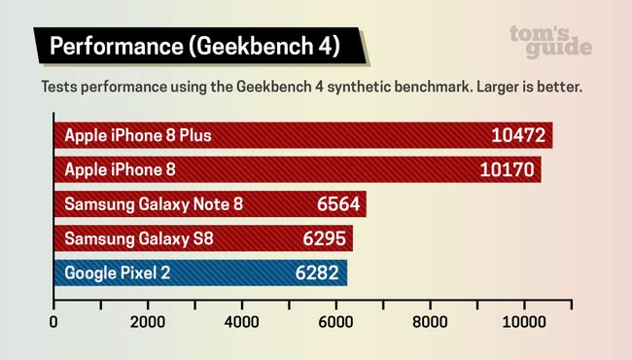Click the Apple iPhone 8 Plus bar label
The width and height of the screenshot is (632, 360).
[x=137, y=135]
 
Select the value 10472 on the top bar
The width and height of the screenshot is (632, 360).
[x=519, y=135]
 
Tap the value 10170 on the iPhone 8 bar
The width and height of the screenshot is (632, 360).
[x=509, y=169]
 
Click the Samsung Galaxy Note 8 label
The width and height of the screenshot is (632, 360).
[x=154, y=204]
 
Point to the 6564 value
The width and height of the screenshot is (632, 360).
[x=338, y=204]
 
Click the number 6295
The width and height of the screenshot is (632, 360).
[x=326, y=238]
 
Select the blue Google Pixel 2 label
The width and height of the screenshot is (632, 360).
[x=117, y=273]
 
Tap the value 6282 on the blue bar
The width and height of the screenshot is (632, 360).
[x=320, y=273]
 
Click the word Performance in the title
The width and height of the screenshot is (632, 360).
[x=108, y=46]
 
